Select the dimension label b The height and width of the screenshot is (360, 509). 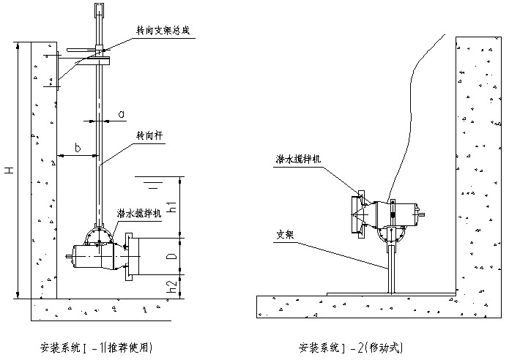click(78, 148)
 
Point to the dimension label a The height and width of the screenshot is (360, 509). click(121, 114)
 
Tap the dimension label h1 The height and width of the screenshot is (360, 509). click(172, 206)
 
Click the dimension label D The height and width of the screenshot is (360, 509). click(172, 256)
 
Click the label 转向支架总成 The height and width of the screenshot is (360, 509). click(163, 31)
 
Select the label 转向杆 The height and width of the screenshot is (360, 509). click(149, 135)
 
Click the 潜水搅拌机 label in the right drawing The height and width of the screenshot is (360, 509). click(298, 159)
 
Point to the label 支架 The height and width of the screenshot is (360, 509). click(285, 235)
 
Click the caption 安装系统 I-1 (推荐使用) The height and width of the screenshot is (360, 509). click(96, 348)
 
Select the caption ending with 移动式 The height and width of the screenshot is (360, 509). click(351, 348)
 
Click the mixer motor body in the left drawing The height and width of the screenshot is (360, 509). click(94, 256)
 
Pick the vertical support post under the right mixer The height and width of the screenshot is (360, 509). click(392, 269)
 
